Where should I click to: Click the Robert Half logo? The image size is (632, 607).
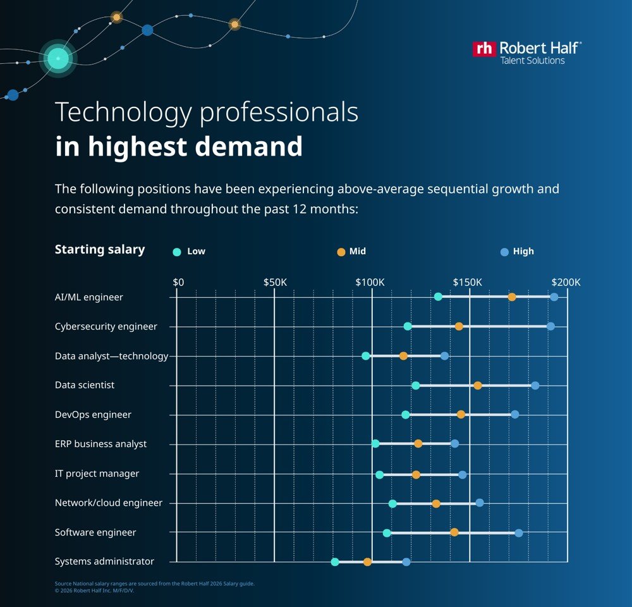527,52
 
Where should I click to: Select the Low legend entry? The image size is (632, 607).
189,252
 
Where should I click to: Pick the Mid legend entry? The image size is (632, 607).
351,252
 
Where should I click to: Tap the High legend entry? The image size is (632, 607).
517,252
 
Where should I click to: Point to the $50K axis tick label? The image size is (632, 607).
275,282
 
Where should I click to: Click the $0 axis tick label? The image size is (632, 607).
178,282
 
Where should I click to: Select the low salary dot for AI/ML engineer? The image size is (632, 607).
438,297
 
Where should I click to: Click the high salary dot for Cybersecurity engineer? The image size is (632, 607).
550,326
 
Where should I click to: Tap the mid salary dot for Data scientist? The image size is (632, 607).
478,385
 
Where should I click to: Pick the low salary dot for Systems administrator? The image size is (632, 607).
335,561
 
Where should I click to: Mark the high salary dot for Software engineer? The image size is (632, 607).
519,533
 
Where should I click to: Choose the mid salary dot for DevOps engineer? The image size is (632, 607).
461,414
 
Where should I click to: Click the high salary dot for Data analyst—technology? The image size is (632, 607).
444,356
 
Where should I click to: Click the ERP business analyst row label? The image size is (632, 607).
100,444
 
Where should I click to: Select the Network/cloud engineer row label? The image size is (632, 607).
109,503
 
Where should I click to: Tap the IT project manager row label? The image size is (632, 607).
97,474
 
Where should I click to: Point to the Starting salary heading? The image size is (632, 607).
100,249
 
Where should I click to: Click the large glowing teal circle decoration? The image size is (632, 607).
58,59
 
